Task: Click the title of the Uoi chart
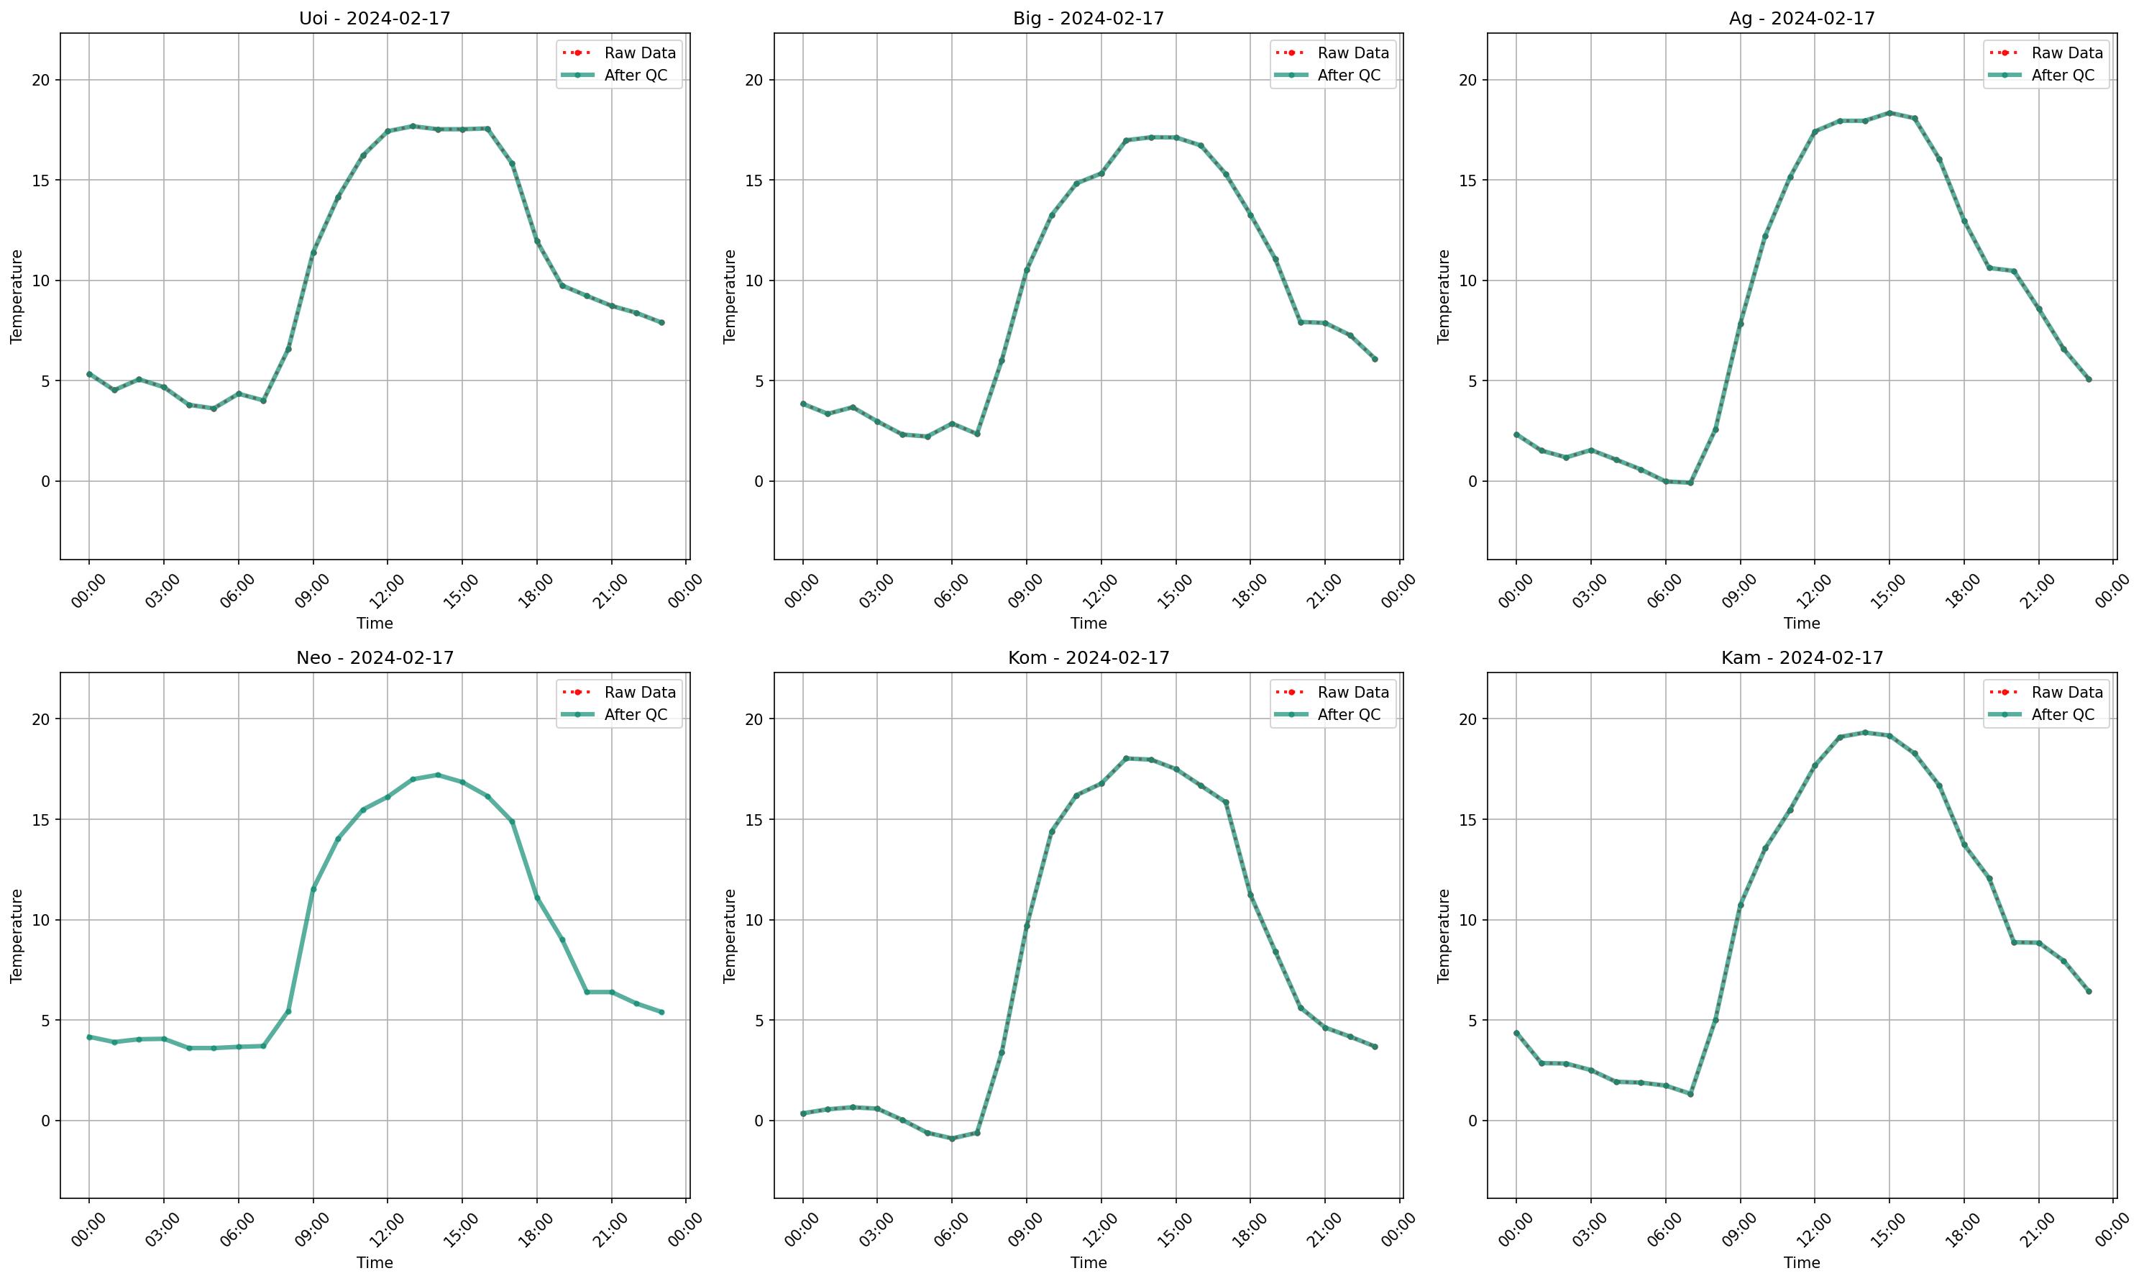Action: point(375,18)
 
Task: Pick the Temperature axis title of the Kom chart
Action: point(730,936)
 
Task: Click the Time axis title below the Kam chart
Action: point(1802,1263)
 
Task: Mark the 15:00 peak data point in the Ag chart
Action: point(1889,113)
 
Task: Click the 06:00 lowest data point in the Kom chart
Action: point(952,1139)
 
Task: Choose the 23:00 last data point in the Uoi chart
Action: point(661,323)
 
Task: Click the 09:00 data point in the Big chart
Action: point(1027,269)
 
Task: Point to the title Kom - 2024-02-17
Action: point(1088,658)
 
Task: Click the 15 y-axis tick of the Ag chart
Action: point(1467,181)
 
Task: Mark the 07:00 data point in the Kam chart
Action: point(1690,1095)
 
